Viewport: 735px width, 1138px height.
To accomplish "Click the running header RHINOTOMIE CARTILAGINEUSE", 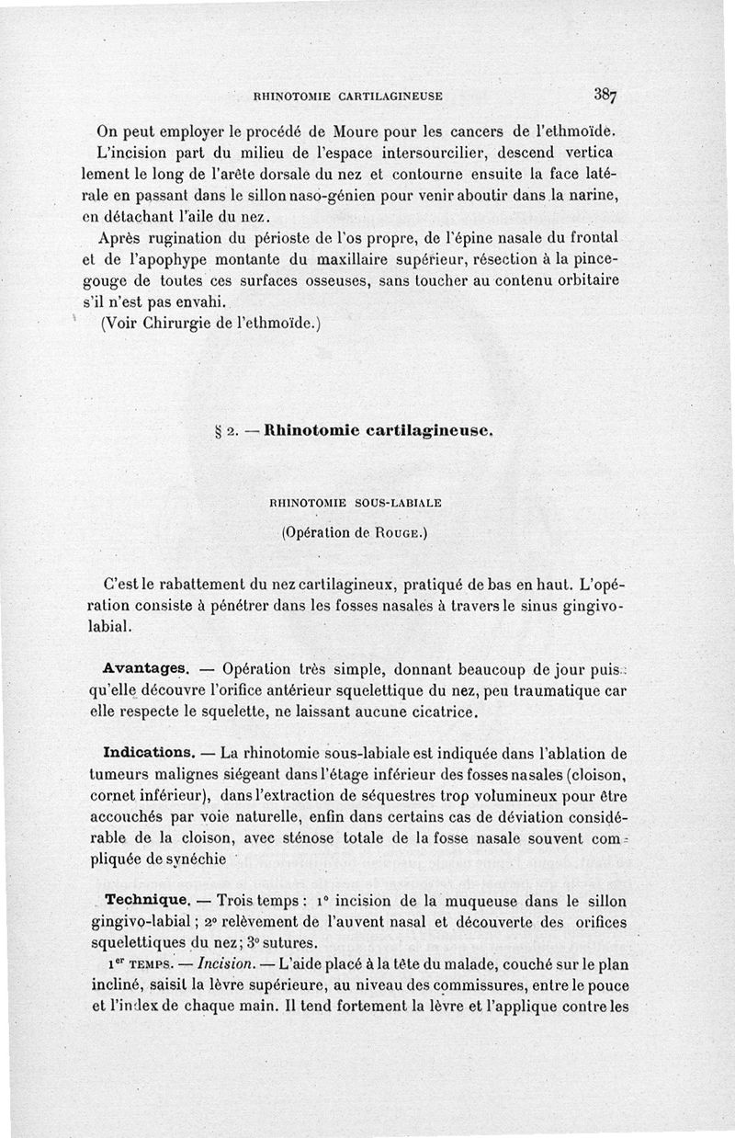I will (x=348, y=94).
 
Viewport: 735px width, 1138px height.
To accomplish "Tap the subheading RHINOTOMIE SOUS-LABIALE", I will (x=356, y=503).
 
